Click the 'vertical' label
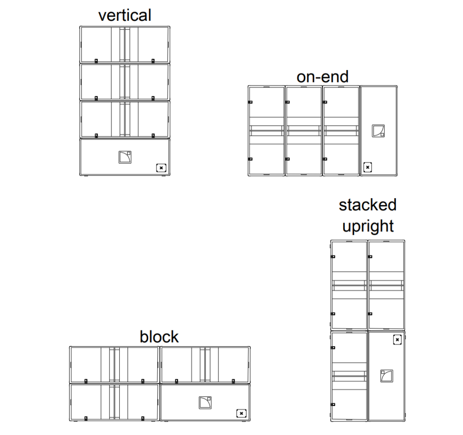(125, 15)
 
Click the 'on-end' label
(322, 76)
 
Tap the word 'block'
(159, 336)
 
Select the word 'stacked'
(368, 205)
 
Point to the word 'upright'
(368, 225)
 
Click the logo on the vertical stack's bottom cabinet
(124, 157)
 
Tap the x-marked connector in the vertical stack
(161, 167)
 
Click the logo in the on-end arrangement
(378, 130)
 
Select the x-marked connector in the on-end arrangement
(368, 167)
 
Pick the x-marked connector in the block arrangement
(241, 413)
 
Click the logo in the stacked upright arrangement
(387, 376)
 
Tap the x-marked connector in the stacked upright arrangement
(397, 339)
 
